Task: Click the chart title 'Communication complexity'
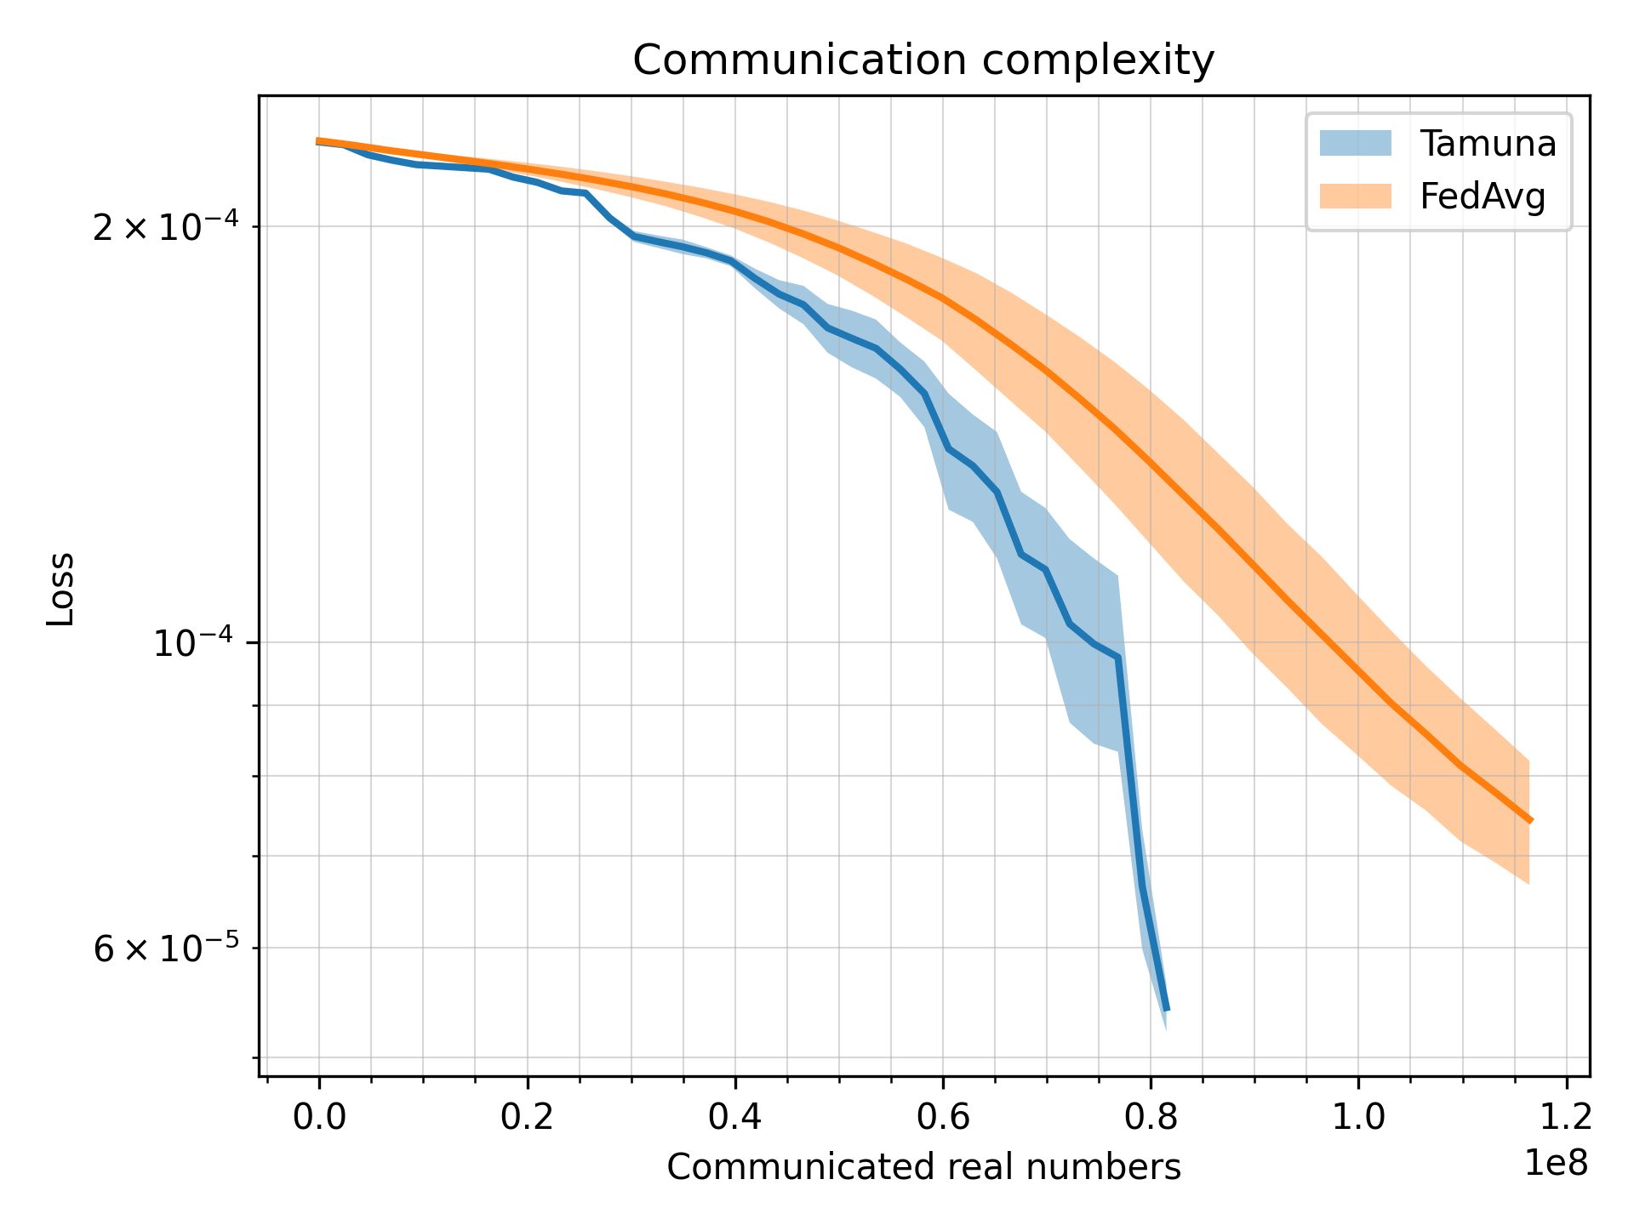[923, 61]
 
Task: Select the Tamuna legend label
[1488, 144]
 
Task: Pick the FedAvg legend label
[1483, 197]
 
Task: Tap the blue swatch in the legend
[1355, 143]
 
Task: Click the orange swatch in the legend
[1355, 197]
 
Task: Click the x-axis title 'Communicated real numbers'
[923, 1167]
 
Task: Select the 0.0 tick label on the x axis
[319, 1118]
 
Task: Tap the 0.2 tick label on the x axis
[527, 1118]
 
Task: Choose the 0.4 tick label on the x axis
[734, 1118]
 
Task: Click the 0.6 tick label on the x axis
[942, 1118]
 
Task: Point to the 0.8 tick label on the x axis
[1151, 1118]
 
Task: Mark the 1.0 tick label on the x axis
[1358, 1118]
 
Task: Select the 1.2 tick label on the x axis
[1566, 1118]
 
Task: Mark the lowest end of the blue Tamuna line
[1167, 1010]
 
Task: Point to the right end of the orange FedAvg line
[1530, 821]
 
